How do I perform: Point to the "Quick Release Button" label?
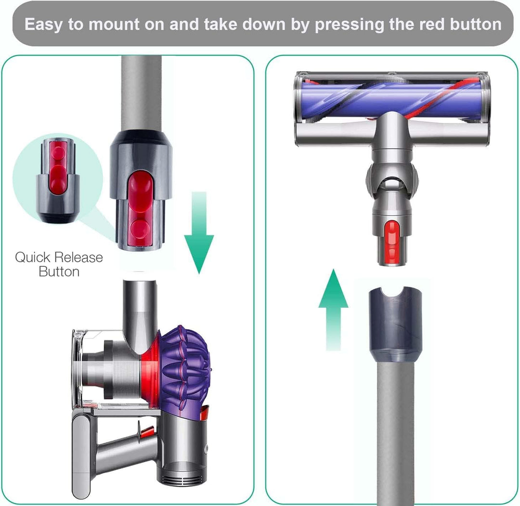59,264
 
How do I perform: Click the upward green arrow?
333,308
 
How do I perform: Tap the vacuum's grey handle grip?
82,453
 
